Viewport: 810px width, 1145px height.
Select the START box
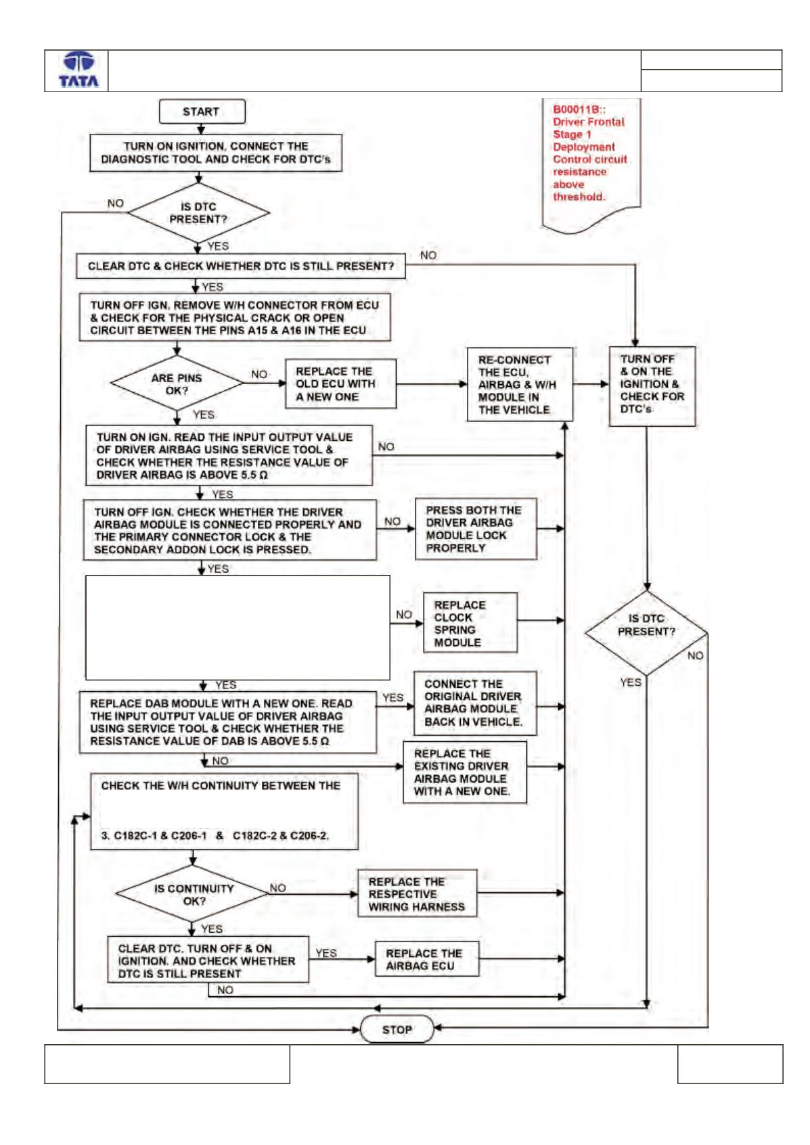(x=202, y=112)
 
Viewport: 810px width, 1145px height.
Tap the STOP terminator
(x=397, y=1029)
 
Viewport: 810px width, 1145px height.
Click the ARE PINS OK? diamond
(x=177, y=383)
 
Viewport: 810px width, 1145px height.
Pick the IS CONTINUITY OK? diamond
(x=194, y=895)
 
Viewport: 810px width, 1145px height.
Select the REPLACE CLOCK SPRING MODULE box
(x=470, y=623)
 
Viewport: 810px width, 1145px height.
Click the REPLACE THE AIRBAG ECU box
(x=427, y=959)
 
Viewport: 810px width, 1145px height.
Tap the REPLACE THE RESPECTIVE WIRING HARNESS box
(x=418, y=893)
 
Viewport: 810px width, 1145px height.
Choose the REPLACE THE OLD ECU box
(x=340, y=383)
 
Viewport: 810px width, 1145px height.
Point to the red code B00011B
(x=579, y=110)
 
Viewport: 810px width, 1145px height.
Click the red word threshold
(x=579, y=197)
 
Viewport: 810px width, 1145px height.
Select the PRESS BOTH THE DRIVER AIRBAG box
(x=476, y=529)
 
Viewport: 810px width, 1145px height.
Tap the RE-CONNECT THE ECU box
(x=520, y=384)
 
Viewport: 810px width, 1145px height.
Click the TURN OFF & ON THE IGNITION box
(x=652, y=386)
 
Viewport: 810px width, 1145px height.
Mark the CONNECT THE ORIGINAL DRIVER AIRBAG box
(x=475, y=703)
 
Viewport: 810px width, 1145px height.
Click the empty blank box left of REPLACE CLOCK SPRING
(x=238, y=628)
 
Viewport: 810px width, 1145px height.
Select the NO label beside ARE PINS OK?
(x=259, y=374)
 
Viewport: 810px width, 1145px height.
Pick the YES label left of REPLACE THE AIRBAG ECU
(x=326, y=954)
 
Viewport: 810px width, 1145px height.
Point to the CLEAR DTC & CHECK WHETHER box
(x=241, y=266)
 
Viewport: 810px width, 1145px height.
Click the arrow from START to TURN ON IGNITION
(x=201, y=128)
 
